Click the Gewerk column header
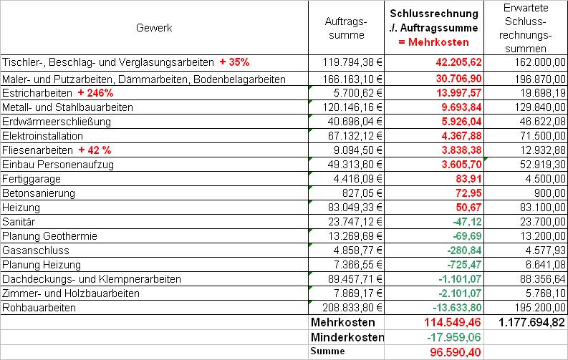pos(154,28)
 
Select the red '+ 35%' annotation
pos(234,62)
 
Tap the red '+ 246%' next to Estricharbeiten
pos(96,93)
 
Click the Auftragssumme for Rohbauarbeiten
pos(352,308)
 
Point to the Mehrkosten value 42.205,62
pos(458,62)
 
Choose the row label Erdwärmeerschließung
pos(57,122)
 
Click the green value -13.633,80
pos(457,308)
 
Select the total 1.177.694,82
pos(531,322)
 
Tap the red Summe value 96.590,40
pos(456,352)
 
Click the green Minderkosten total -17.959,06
pos(454,337)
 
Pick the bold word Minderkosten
pos(347,337)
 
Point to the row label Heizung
pos(21,208)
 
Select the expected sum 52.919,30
pos(543,165)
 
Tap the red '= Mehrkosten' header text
pos(433,42)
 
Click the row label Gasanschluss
pos(36,250)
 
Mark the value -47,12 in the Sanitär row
pos(467,222)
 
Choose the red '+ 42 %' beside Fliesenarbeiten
pos(95,150)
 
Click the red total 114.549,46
pos(453,322)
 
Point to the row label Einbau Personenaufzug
pos(58,165)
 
